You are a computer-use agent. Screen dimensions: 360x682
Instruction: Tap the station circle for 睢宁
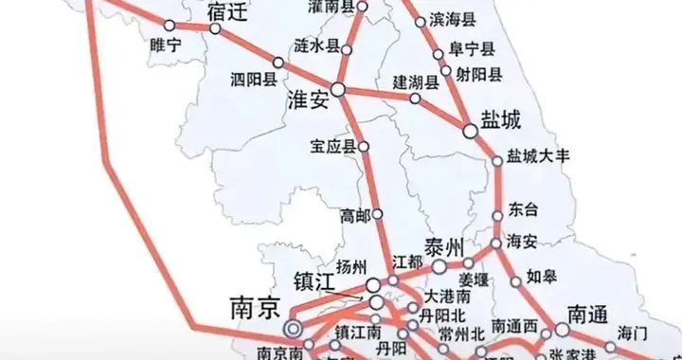click(x=168, y=27)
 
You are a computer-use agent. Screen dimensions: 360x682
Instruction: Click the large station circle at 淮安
click(x=338, y=91)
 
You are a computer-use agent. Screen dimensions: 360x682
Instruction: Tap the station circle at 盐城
click(x=471, y=130)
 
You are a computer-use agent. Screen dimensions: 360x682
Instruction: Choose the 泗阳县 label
click(x=253, y=81)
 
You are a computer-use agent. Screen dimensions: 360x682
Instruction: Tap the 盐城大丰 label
click(x=537, y=155)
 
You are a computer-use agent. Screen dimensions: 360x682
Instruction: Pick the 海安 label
click(x=523, y=240)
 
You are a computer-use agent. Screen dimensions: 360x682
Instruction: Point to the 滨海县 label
click(x=454, y=18)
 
